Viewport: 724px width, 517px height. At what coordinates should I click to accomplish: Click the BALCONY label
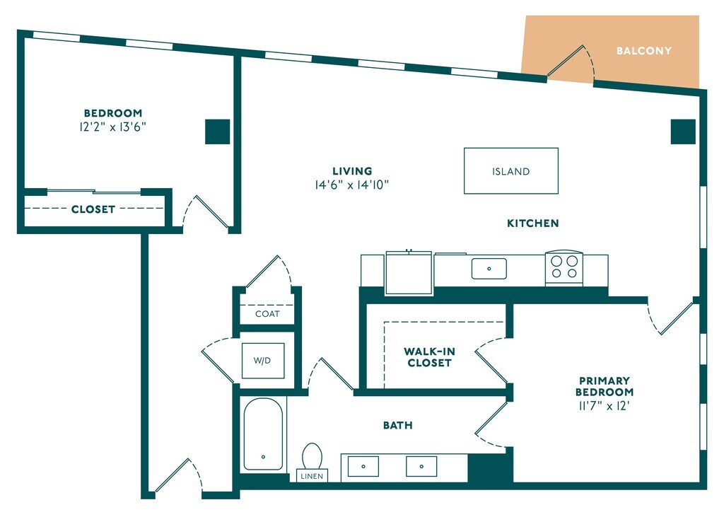pyautogui.click(x=643, y=51)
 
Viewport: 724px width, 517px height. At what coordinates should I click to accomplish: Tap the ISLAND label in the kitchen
pyautogui.click(x=510, y=171)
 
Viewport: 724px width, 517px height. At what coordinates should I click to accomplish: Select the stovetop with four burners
pyautogui.click(x=564, y=267)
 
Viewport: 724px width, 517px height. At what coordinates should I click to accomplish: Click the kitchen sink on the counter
pyautogui.click(x=489, y=269)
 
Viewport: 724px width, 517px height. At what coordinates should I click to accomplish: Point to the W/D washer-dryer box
pyautogui.click(x=263, y=361)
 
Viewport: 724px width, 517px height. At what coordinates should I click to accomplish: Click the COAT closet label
pyautogui.click(x=267, y=314)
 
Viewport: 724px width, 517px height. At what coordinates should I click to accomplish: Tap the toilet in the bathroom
pyautogui.click(x=312, y=456)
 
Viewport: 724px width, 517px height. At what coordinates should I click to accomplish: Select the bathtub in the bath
pyautogui.click(x=263, y=434)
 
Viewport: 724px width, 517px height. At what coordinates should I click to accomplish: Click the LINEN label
pyautogui.click(x=312, y=476)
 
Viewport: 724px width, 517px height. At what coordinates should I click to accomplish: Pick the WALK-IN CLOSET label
pyautogui.click(x=429, y=357)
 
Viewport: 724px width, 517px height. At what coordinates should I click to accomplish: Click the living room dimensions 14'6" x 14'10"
pyautogui.click(x=352, y=185)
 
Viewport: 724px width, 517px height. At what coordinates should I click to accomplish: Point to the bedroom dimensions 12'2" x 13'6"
pyautogui.click(x=113, y=127)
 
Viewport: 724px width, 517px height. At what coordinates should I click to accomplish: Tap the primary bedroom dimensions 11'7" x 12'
pyautogui.click(x=604, y=406)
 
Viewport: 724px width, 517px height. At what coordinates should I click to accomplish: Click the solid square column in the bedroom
pyautogui.click(x=218, y=132)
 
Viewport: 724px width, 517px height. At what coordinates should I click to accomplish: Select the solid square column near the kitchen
pyautogui.click(x=683, y=132)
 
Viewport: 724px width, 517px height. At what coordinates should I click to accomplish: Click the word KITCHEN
pyautogui.click(x=533, y=223)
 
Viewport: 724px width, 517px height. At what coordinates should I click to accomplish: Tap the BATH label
pyautogui.click(x=398, y=425)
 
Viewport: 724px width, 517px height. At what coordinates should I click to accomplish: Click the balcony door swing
pyautogui.click(x=571, y=63)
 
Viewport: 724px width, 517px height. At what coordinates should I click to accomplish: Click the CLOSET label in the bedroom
pyautogui.click(x=93, y=209)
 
